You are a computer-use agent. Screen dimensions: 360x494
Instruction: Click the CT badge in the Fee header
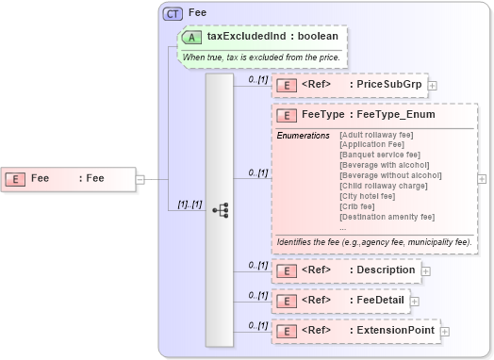point(173,14)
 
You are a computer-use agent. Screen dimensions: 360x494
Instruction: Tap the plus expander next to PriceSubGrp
point(433,85)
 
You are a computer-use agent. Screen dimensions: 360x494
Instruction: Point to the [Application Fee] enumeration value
point(376,145)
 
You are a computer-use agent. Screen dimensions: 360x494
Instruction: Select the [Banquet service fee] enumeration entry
point(380,155)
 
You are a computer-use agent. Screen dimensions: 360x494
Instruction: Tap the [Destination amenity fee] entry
point(387,217)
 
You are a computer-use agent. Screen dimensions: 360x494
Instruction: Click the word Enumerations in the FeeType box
point(303,136)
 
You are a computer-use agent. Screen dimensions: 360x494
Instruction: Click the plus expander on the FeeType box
point(482,177)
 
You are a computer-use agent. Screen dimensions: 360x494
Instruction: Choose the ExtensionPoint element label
point(393,331)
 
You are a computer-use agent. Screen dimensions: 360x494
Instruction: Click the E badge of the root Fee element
point(16,177)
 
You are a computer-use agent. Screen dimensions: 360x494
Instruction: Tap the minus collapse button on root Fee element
point(140,177)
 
